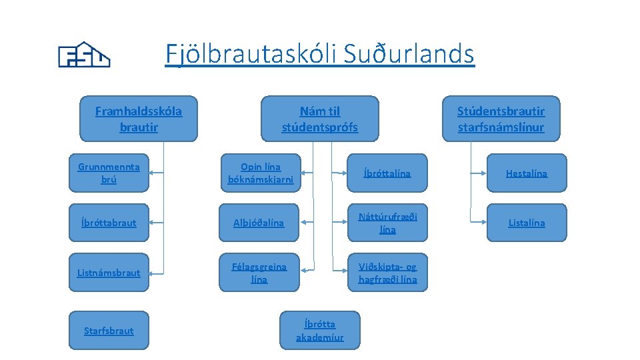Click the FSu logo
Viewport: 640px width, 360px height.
click(x=84, y=56)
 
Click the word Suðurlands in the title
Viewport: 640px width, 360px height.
click(x=409, y=53)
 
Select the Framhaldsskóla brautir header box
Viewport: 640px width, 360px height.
click(x=139, y=119)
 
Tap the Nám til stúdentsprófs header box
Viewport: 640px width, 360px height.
click(x=319, y=119)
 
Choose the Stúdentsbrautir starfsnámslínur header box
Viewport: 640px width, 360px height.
click(x=501, y=119)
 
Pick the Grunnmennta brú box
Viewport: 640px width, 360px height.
click(x=109, y=173)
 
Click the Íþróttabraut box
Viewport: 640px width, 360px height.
click(x=109, y=223)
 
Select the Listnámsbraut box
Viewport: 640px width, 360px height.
click(x=109, y=273)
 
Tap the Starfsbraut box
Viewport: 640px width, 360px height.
click(x=109, y=330)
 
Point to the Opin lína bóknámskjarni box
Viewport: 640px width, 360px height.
click(x=260, y=173)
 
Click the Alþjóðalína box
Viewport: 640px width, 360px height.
click(x=260, y=223)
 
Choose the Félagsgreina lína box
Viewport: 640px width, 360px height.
click(x=260, y=273)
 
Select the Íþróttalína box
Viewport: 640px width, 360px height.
click(x=387, y=173)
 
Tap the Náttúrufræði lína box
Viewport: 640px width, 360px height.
click(x=387, y=223)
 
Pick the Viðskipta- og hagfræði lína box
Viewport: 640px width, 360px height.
click(x=387, y=273)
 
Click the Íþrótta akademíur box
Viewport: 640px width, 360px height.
click(x=320, y=330)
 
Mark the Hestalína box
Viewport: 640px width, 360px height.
click(x=526, y=173)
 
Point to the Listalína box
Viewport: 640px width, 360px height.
click(x=526, y=223)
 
